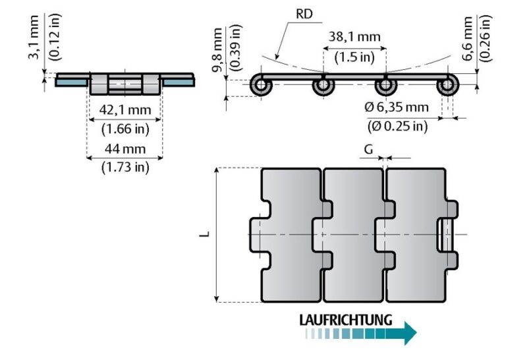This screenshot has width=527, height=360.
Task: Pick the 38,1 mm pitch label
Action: (x=354, y=38)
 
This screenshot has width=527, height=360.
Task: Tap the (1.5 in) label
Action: (x=354, y=57)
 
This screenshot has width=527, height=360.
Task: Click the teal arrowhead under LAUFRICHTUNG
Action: (x=410, y=333)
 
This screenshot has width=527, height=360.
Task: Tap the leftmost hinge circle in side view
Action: (x=262, y=86)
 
